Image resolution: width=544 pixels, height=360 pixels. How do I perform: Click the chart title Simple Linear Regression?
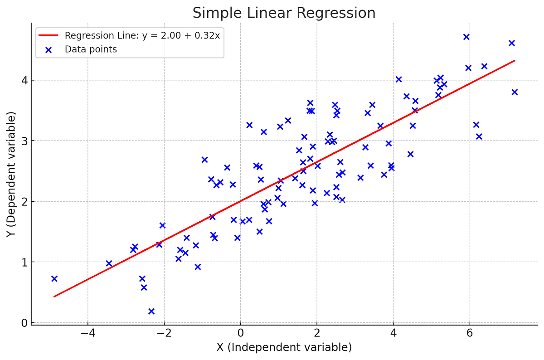point(284,13)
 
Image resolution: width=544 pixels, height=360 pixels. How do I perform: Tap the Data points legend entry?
point(91,49)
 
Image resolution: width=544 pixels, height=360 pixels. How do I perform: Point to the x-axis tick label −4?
point(87,334)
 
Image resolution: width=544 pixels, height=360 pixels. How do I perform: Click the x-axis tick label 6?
point(469,334)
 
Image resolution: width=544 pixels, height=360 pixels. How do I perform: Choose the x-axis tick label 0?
point(240,334)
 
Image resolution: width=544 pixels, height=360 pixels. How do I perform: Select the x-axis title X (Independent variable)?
point(284,348)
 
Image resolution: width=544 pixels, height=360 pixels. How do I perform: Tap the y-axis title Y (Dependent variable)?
point(11,174)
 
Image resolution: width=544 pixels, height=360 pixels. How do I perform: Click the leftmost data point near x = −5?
point(54,278)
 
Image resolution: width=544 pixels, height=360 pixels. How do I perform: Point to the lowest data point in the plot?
point(151,311)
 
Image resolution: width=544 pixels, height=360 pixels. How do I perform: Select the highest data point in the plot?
point(466,37)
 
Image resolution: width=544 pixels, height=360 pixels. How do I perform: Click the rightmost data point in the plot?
point(515,92)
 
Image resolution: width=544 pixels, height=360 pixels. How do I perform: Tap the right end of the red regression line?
point(514,60)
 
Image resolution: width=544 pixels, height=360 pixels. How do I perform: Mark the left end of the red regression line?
point(54,297)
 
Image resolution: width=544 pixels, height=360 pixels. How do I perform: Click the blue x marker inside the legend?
point(49,49)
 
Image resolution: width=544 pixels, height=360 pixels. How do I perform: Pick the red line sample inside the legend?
point(49,35)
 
